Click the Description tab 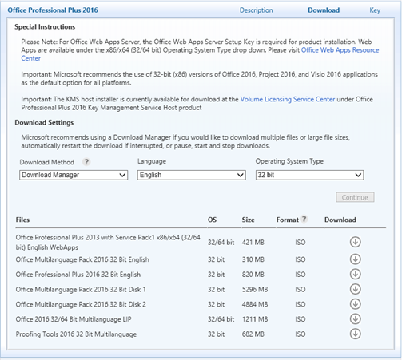click(x=256, y=10)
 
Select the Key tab click(x=374, y=10)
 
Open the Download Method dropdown click(x=74, y=175)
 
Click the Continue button click(x=355, y=197)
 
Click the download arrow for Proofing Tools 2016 click(x=356, y=333)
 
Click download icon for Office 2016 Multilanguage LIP click(x=356, y=318)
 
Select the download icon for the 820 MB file click(x=356, y=273)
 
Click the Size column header click(x=249, y=220)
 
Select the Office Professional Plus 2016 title click(x=53, y=10)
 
